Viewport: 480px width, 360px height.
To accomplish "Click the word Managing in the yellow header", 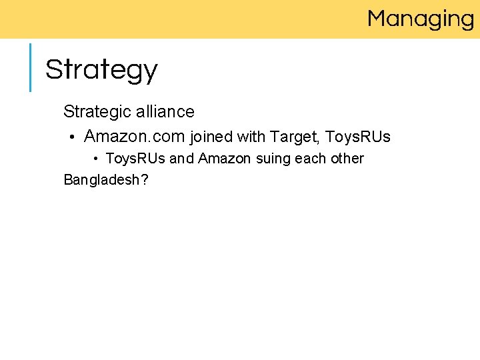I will coord(420,19).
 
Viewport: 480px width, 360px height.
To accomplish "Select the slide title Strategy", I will coord(101,69).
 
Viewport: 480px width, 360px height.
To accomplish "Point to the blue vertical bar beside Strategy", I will coord(30,67).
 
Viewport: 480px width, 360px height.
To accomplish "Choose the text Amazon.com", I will coord(134,137).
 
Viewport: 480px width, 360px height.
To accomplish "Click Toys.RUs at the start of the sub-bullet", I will coord(136,159).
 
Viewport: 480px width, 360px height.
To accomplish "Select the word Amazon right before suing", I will coord(224,159).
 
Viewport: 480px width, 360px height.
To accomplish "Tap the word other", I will coord(347,159).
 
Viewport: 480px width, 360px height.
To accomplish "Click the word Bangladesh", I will coord(101,179).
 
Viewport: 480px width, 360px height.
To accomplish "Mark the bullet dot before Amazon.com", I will coord(71,138).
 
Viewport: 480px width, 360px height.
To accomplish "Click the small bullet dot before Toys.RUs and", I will coord(96,159).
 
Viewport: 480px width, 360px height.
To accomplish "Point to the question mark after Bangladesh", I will coord(143,179).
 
